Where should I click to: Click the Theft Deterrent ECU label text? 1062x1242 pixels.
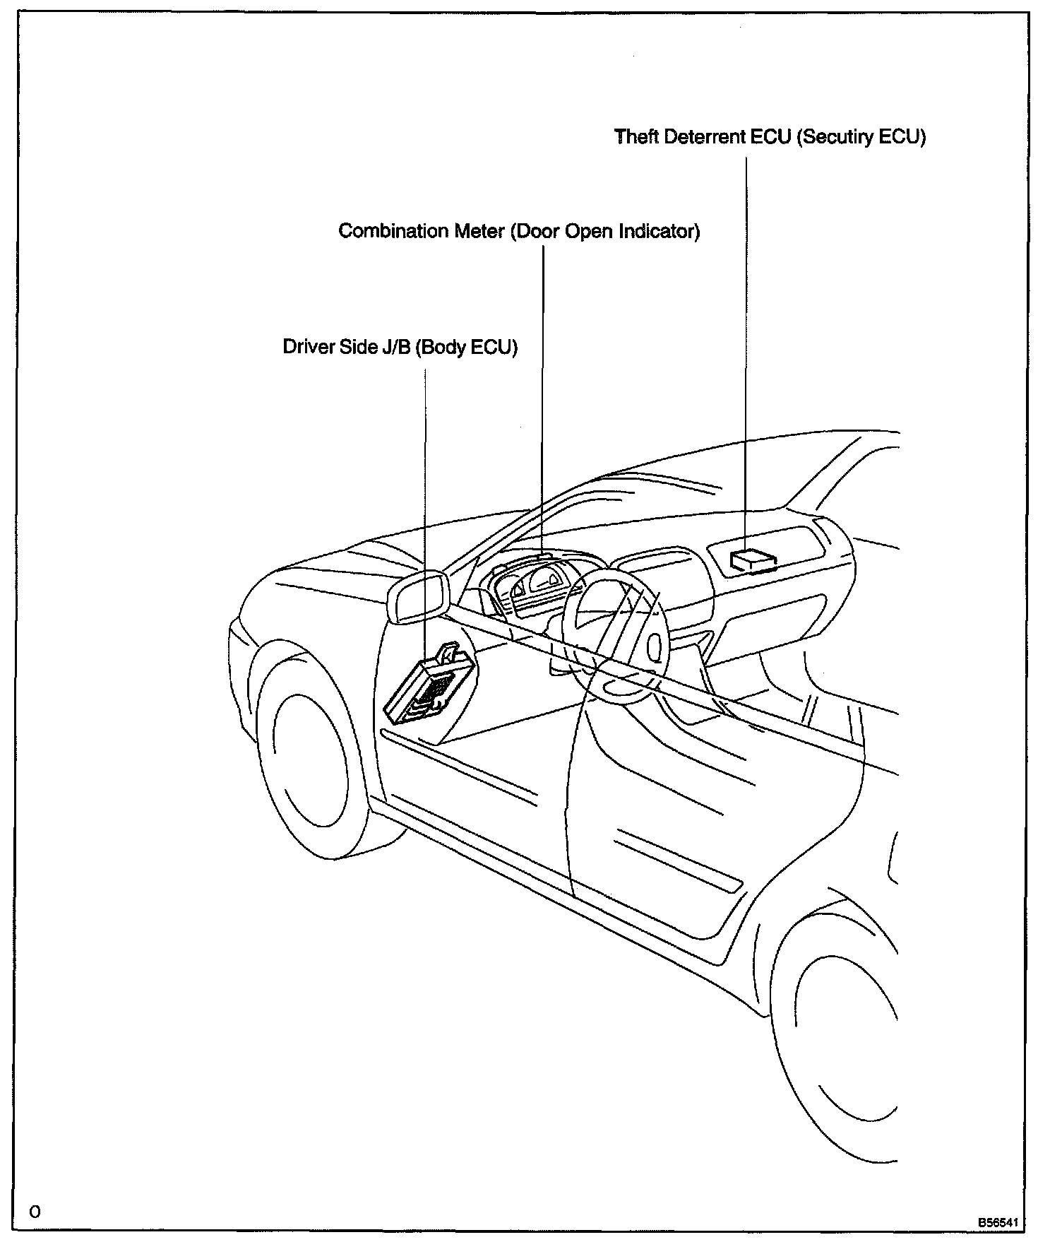[770, 136]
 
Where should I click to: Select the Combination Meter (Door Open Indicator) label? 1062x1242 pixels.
[519, 231]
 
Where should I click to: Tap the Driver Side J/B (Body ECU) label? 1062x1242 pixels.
[400, 347]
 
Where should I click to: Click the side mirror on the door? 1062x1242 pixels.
[419, 598]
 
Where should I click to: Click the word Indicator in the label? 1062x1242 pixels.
[659, 231]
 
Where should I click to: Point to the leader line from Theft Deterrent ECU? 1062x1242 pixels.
[746, 353]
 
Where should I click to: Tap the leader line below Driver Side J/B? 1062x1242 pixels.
[425, 509]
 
